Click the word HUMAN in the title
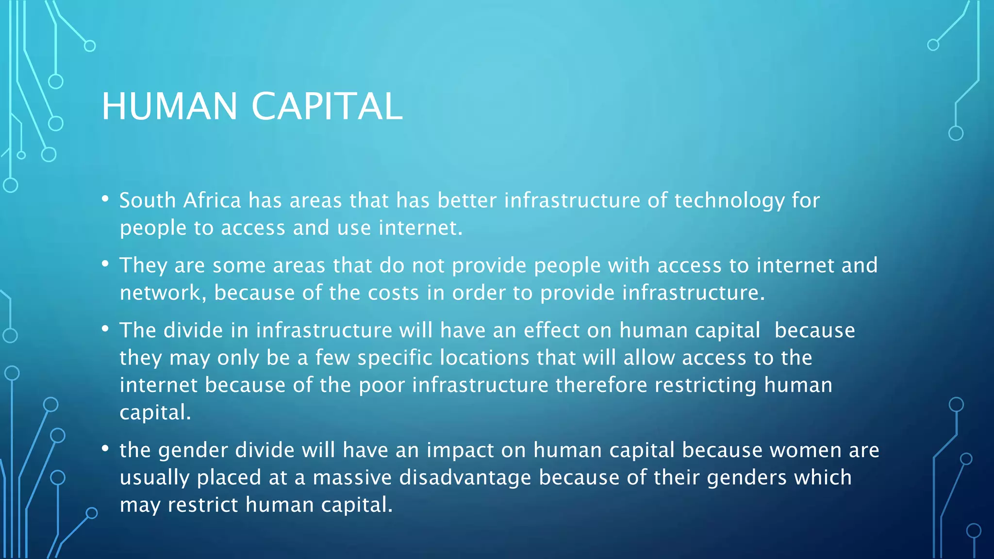click(x=169, y=106)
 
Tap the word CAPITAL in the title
click(x=327, y=106)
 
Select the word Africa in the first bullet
click(x=212, y=200)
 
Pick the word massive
click(x=352, y=477)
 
